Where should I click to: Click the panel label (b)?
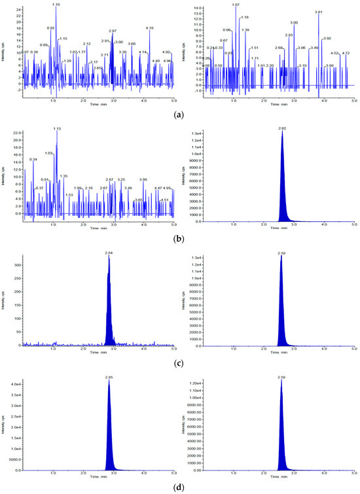179,239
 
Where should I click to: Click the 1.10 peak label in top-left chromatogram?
56,5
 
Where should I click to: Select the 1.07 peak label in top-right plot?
236,5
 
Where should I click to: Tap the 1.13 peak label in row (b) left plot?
56,129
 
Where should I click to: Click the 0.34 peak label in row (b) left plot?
33,159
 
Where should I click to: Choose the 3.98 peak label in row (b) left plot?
143,179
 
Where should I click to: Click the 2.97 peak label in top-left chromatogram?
113,31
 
